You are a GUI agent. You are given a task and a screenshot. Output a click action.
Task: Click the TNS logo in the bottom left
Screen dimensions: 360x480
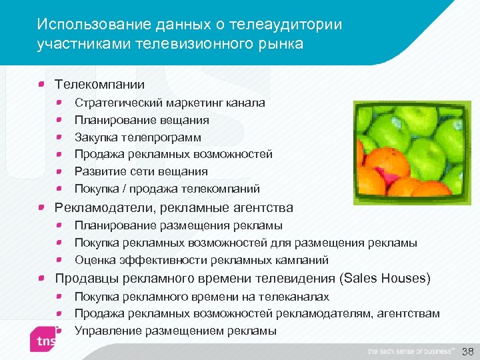tap(45, 341)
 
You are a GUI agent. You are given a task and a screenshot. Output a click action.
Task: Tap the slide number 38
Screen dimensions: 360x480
tap(467, 351)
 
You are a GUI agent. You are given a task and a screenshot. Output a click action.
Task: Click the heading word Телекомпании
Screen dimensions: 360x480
tap(99, 85)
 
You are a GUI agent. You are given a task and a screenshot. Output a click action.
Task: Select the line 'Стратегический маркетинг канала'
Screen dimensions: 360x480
tap(169, 103)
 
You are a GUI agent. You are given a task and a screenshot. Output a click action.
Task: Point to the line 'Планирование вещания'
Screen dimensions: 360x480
tap(141, 120)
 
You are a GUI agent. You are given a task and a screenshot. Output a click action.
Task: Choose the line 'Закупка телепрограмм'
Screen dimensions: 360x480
tap(137, 137)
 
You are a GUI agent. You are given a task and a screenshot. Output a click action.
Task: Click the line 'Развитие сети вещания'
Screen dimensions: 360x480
tap(141, 171)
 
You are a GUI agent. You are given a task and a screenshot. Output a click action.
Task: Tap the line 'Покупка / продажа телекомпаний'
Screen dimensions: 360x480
tap(167, 189)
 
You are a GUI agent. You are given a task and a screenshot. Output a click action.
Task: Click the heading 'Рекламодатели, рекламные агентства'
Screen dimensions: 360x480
tap(173, 207)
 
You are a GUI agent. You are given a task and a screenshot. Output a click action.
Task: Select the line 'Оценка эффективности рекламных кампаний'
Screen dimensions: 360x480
tap(201, 260)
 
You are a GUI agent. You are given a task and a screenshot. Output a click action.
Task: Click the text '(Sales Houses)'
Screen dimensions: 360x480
tap(385, 278)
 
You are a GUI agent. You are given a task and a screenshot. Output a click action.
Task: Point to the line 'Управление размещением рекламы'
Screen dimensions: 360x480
tap(175, 330)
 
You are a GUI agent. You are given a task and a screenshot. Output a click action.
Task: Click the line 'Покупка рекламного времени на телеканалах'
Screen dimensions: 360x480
tap(201, 296)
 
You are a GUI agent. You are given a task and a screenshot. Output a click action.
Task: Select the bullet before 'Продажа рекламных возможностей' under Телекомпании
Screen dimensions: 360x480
tap(59, 154)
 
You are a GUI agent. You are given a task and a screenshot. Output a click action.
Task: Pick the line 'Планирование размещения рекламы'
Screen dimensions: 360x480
tap(178, 225)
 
